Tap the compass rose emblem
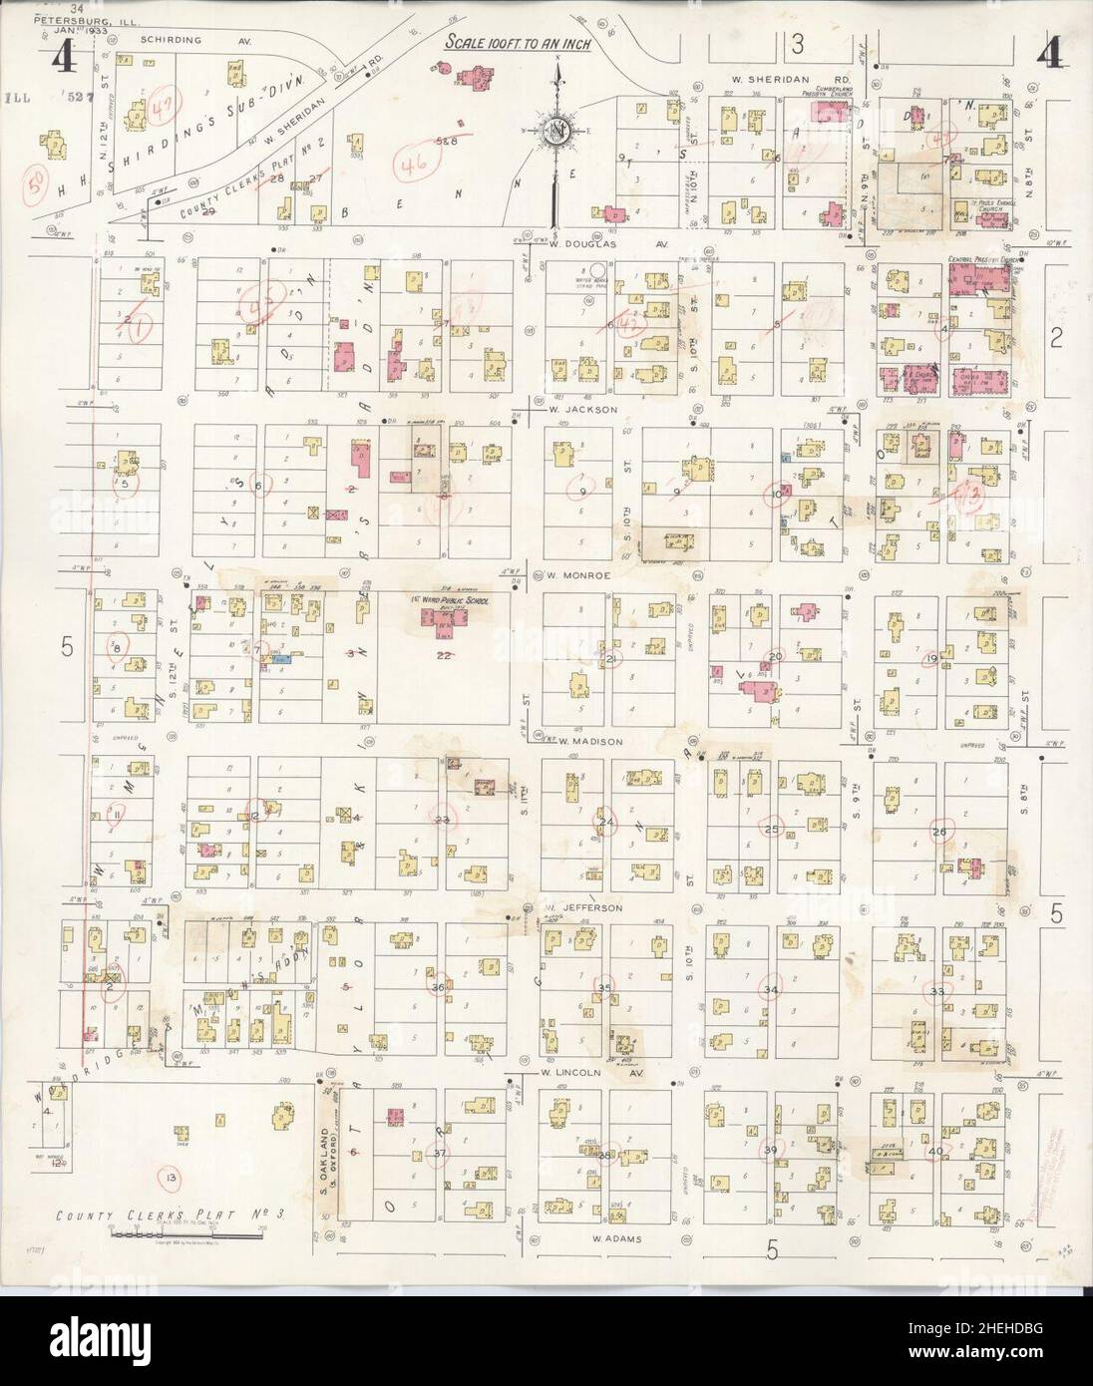point(553,130)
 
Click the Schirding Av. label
point(172,40)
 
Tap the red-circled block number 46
point(410,162)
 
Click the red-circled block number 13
point(968,493)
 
